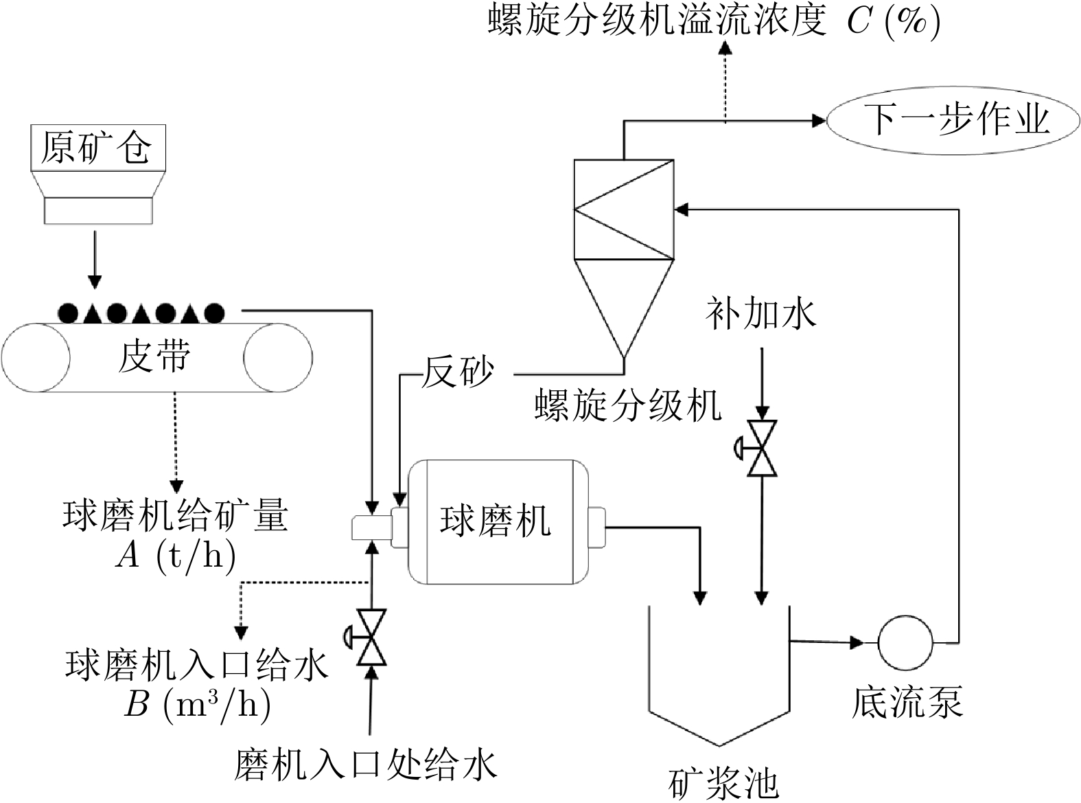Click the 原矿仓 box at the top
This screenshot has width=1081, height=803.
click(98, 147)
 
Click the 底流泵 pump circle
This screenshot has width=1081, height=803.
click(905, 642)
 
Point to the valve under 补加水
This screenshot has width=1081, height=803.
click(761, 449)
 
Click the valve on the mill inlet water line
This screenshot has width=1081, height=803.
click(371, 637)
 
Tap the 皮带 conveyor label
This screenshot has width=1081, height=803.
click(154, 357)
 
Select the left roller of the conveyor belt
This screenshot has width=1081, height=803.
click(36, 357)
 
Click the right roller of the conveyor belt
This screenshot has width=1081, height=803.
click(277, 357)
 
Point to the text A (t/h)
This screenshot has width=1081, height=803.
click(176, 554)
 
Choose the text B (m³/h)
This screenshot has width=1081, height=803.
click(196, 704)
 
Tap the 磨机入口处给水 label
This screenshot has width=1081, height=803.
click(365, 764)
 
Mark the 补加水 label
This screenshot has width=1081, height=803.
click(760, 315)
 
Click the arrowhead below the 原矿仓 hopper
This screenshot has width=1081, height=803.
click(95, 282)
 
